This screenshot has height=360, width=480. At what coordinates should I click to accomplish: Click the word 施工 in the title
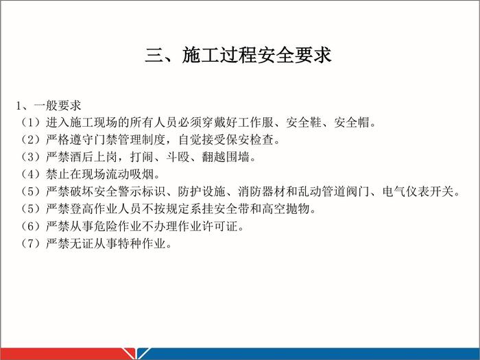pyautogui.click(x=200, y=55)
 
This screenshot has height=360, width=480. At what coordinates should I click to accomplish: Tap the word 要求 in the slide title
pyautogui.click(x=313, y=55)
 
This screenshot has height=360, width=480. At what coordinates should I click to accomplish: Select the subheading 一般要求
pyautogui.click(x=57, y=106)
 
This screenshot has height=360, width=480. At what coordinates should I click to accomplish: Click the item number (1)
pyautogui.click(x=31, y=123)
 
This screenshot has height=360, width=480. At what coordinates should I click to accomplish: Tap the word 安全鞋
pyautogui.click(x=304, y=123)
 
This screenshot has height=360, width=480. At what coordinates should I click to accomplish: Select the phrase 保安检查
pyautogui.click(x=250, y=140)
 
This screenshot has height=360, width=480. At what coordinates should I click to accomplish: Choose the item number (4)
pyautogui.click(x=31, y=174)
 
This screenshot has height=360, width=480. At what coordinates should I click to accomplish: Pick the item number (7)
pyautogui.click(x=31, y=243)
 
